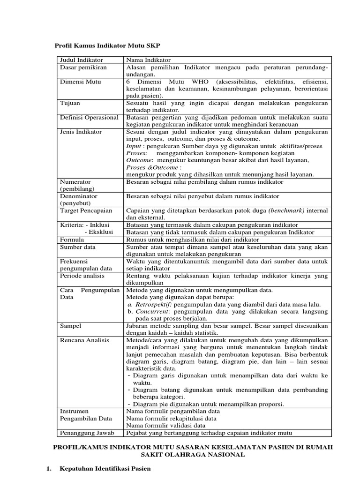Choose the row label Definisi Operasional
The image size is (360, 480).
coord(89,117)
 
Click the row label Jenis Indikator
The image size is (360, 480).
coord(81,132)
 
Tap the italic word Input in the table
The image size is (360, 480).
coord(134,146)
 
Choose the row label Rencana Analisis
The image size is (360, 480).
coord(84,340)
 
